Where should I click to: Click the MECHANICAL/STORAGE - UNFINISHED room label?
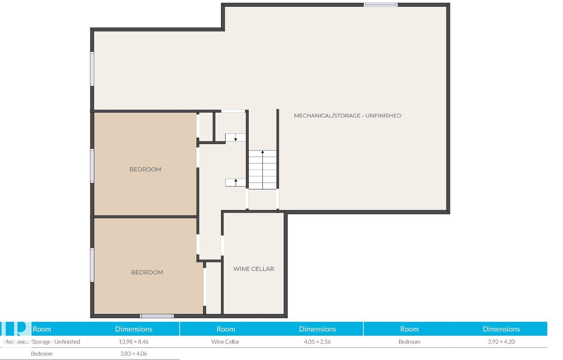(348, 116)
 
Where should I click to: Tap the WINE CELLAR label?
(254, 269)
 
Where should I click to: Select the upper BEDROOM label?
(145, 169)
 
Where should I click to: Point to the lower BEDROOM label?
(147, 272)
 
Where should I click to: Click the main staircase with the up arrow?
(263, 170)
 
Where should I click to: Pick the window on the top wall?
(381, 5)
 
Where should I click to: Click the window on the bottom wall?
(157, 316)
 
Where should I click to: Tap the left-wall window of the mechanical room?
(92, 69)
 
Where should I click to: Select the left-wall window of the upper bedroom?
(92, 166)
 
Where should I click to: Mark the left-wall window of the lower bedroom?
(92, 265)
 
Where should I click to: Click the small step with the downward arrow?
(235, 138)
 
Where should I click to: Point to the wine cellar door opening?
(222, 245)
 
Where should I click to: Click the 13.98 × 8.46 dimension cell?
(134, 342)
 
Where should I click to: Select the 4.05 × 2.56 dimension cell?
(317, 342)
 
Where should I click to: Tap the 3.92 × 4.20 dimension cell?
(501, 342)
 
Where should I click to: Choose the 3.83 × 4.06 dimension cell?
(134, 354)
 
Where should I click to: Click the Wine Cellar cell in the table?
(226, 342)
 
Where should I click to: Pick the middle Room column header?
(226, 329)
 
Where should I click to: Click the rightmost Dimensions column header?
(501, 329)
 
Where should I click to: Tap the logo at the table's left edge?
(16, 329)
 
